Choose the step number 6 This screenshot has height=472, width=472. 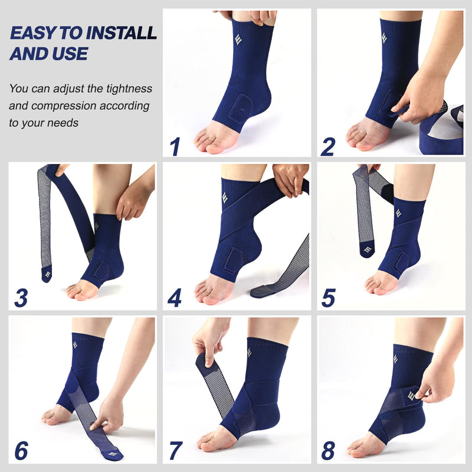tap(21, 451)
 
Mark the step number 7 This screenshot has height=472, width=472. tap(175, 451)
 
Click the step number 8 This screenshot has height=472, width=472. tap(328, 451)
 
